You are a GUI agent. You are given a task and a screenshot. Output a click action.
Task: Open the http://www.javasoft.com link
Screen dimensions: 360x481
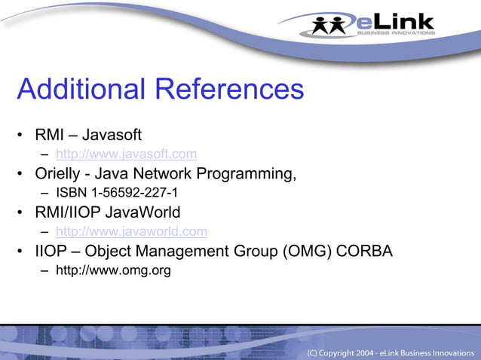pos(127,154)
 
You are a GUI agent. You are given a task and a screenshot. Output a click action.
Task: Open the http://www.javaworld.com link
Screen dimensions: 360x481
pos(131,232)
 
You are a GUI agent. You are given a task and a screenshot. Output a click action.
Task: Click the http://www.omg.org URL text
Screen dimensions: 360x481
pos(113,270)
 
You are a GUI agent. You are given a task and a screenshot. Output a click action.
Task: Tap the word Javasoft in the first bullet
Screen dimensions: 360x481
pos(112,136)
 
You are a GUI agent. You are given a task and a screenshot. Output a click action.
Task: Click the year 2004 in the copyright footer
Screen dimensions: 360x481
pos(363,352)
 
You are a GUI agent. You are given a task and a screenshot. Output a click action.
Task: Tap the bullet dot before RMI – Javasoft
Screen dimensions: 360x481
pos(22,136)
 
